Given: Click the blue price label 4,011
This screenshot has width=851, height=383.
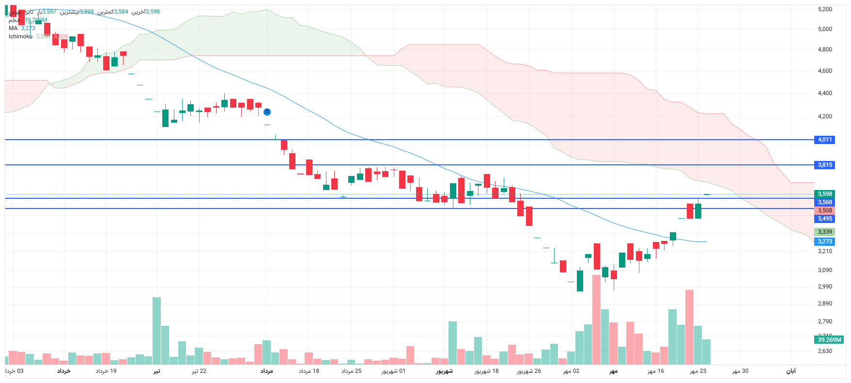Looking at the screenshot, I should pyautogui.click(x=824, y=140).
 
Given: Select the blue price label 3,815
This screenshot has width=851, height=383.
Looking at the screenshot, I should pyautogui.click(x=824, y=165).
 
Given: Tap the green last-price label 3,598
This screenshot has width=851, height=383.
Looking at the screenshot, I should pyautogui.click(x=824, y=194).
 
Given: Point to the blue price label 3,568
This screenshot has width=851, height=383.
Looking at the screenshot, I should pyautogui.click(x=824, y=202).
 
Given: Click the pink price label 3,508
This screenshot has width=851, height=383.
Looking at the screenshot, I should pyautogui.click(x=824, y=210).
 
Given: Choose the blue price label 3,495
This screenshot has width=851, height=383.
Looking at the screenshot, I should pyautogui.click(x=824, y=219).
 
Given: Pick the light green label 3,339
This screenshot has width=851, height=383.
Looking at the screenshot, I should pyautogui.click(x=824, y=232).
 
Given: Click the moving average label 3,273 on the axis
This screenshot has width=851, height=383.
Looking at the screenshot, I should pyautogui.click(x=824, y=241).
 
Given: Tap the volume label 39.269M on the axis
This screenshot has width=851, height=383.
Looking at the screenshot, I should pyautogui.click(x=829, y=340).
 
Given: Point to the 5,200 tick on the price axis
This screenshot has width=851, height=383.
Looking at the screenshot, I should pyautogui.click(x=825, y=9).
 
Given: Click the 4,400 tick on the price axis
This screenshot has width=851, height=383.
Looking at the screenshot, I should pyautogui.click(x=825, y=93).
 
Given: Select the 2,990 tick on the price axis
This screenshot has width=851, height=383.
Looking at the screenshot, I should pyautogui.click(x=825, y=287).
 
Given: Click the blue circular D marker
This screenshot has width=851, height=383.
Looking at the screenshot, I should pyautogui.click(x=267, y=112).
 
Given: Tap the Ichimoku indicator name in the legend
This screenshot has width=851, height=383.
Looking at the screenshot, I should pyautogui.click(x=20, y=36).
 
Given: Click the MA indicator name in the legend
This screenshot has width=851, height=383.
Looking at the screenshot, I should pyautogui.click(x=13, y=28).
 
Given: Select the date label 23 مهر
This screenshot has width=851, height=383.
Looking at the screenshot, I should pyautogui.click(x=698, y=371).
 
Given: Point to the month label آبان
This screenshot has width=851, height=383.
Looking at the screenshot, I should pyautogui.click(x=790, y=371).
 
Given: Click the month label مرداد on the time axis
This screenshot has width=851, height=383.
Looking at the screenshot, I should pyautogui.click(x=266, y=371).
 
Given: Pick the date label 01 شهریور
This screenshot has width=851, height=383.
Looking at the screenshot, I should pyautogui.click(x=393, y=371).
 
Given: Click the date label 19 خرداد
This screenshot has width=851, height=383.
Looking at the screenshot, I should pyautogui.click(x=106, y=371).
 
